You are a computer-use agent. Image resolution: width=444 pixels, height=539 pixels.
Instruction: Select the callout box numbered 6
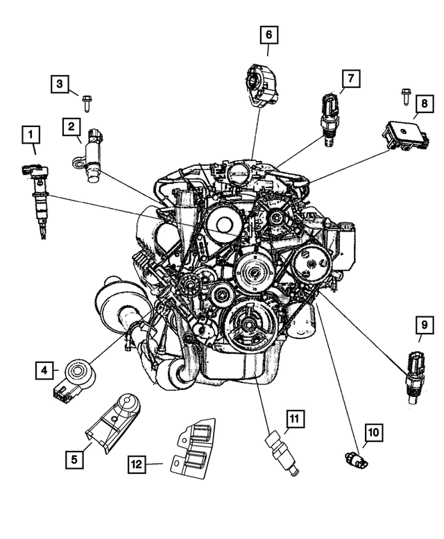point(269,34)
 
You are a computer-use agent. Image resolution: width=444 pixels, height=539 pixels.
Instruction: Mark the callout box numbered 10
point(373,433)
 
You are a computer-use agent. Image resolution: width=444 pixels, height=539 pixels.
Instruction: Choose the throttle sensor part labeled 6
point(263,82)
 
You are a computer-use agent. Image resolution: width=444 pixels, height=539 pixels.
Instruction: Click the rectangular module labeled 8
point(400,133)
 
